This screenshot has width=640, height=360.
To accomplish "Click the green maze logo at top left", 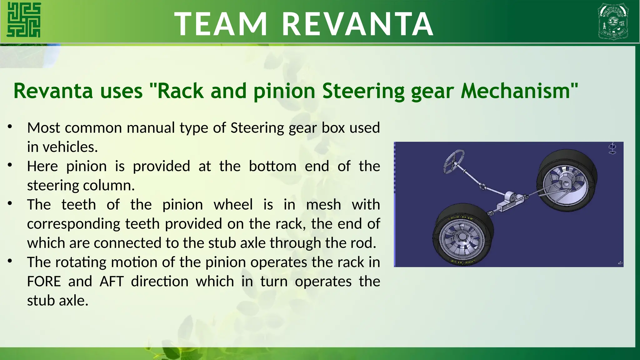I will coord(24,20).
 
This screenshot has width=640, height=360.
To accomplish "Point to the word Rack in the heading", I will coord(180,91).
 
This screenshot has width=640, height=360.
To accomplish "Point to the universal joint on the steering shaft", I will coord(482,187).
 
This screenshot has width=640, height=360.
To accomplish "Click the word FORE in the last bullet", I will coord(44,282).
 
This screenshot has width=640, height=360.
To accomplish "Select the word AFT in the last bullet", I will coord(112,282).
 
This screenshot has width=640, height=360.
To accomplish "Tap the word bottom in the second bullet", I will coord(272,166).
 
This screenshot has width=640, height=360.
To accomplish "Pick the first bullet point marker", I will coord(10,127).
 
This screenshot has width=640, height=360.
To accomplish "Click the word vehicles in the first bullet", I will coord(70,147).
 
